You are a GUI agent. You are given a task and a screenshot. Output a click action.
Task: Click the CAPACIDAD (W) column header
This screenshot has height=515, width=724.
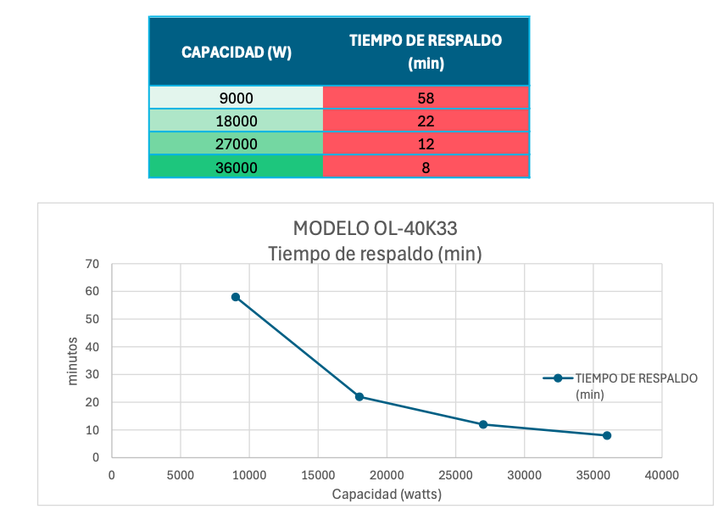[237, 52]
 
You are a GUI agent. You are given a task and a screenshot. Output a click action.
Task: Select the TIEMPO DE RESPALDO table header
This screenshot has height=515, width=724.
[426, 51]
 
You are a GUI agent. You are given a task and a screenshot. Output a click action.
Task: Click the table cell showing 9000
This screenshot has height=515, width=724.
[237, 98]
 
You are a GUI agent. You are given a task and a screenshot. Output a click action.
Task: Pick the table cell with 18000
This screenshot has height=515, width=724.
[237, 120]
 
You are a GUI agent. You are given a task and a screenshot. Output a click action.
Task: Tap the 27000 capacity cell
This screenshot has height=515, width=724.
[237, 144]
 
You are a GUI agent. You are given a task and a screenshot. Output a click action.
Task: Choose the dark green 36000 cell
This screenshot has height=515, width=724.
[237, 167]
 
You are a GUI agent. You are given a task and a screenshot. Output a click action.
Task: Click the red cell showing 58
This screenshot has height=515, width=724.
[426, 98]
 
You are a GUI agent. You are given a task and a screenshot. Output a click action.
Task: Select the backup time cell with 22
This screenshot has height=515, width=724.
[426, 120]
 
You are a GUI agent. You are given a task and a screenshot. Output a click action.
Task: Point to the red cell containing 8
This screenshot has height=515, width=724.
[426, 167]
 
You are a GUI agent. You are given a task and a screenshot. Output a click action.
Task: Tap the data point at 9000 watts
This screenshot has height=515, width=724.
[236, 297]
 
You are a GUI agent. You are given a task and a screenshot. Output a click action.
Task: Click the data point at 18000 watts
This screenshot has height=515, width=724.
[359, 397]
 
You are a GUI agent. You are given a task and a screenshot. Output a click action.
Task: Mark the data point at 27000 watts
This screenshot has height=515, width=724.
[483, 424]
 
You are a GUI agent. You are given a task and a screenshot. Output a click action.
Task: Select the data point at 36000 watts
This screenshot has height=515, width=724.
[607, 435]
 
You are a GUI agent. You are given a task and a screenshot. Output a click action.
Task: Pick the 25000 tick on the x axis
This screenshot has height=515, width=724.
[455, 475]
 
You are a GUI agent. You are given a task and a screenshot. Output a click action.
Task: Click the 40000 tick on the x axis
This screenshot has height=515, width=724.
[661, 475]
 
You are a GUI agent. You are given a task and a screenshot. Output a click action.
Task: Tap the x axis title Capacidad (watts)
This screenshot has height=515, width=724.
[387, 494]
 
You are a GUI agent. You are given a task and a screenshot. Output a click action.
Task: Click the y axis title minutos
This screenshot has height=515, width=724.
[73, 361]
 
